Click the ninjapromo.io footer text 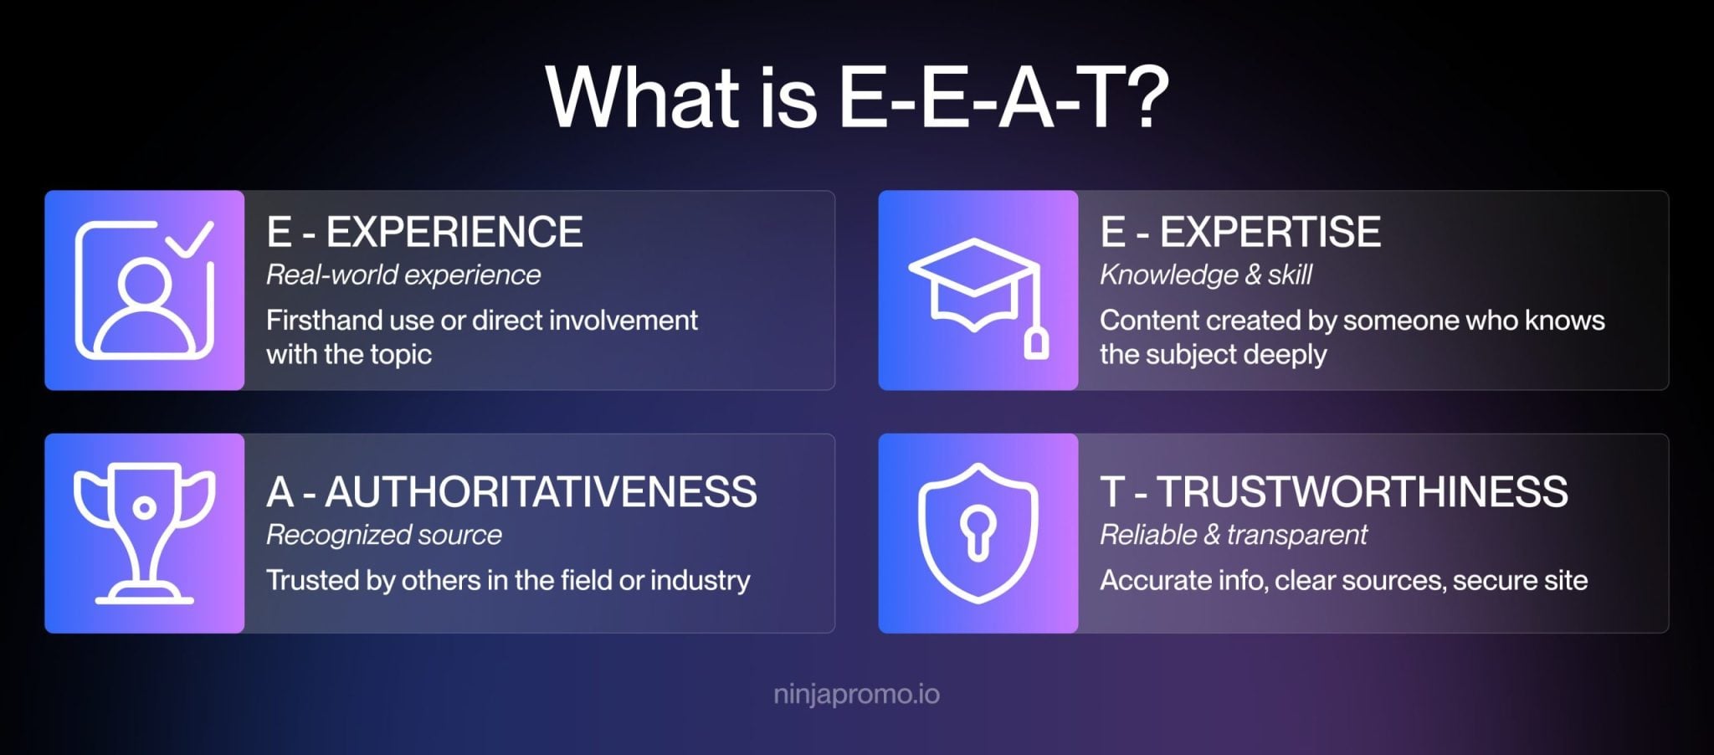857,694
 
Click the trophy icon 145,533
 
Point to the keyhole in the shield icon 978,533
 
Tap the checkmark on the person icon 189,239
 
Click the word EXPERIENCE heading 454,232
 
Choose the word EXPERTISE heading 1270,232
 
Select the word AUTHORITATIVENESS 541,491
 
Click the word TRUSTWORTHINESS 1362,491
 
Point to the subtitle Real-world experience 403,275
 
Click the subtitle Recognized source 384,535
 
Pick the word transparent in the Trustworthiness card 1297,535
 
